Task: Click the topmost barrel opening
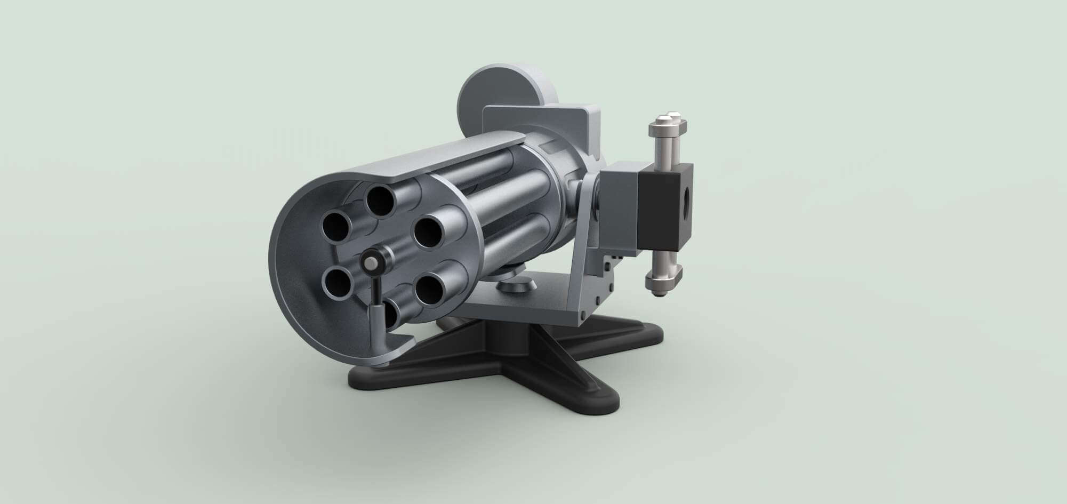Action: tap(381, 202)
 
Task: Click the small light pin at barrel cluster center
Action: tap(369, 262)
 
